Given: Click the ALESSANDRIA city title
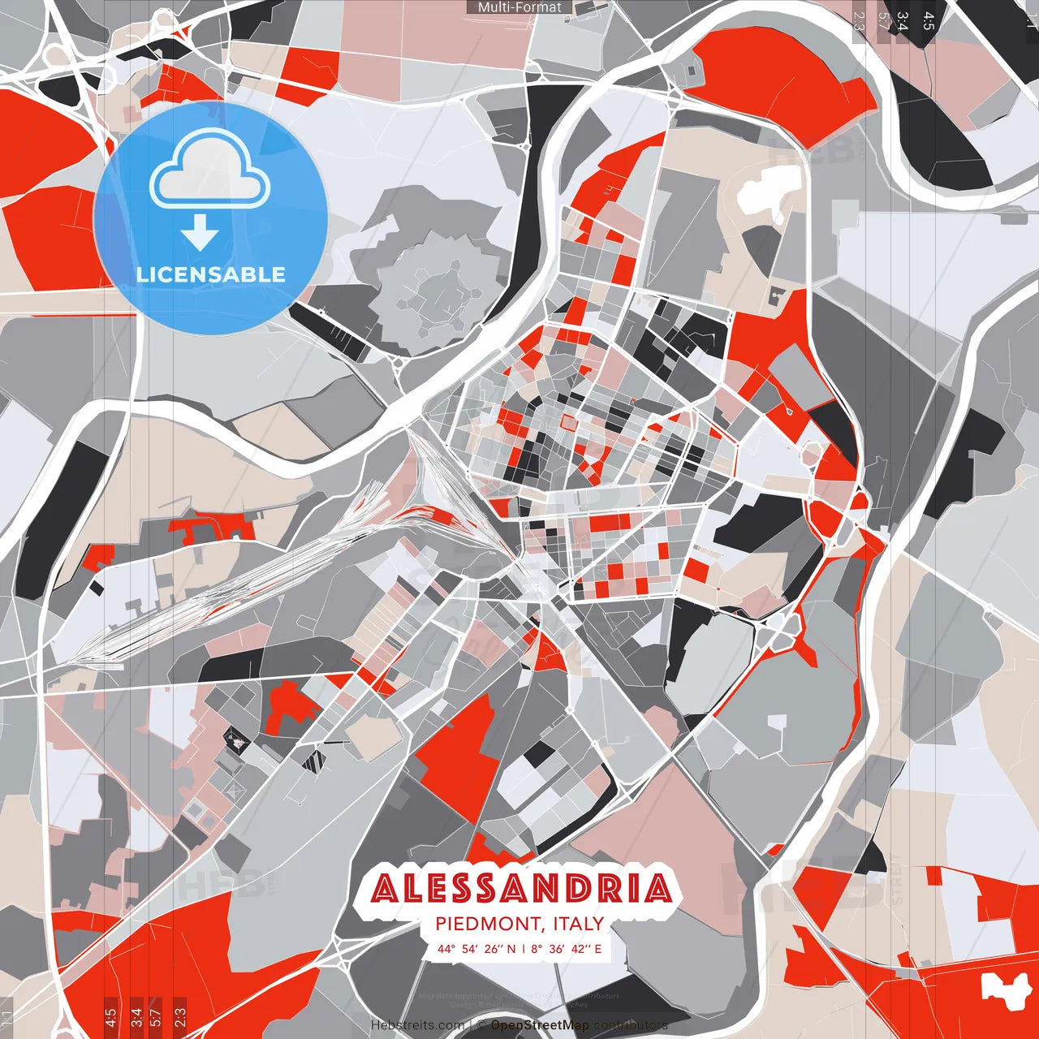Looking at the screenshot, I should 522,888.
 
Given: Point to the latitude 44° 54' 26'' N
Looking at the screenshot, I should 476,948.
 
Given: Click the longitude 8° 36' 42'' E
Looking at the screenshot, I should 567,948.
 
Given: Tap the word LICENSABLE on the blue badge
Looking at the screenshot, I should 211,274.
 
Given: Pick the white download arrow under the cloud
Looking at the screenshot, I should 200,234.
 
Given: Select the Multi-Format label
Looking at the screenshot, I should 519,7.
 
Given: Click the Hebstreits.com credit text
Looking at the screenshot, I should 418,1025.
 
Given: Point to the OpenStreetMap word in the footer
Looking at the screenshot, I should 540,1025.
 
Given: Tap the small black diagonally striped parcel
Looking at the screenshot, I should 314,761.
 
